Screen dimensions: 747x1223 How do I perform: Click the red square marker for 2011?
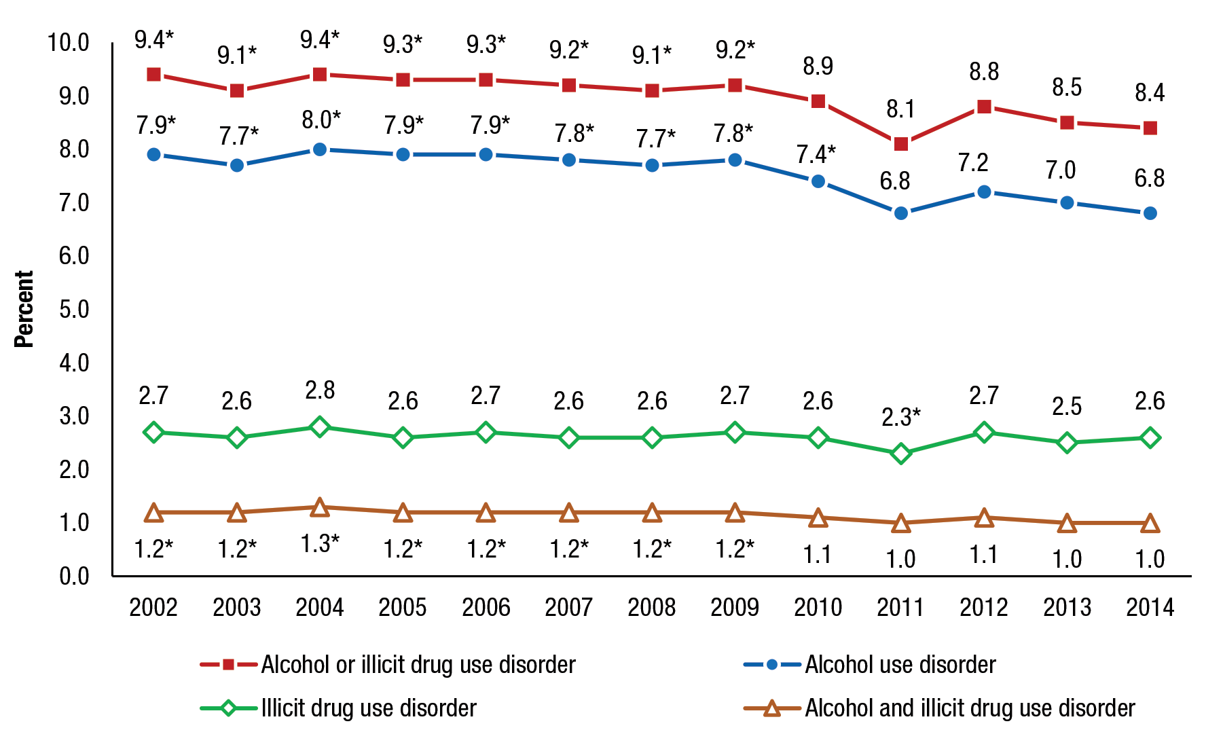click(901, 144)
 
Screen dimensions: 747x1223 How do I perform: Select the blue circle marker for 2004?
click(320, 149)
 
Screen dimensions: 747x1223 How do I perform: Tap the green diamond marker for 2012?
click(984, 433)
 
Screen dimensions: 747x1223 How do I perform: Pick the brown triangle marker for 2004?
click(320, 508)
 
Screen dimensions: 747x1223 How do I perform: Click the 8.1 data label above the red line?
click(900, 109)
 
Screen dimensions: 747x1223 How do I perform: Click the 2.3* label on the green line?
click(900, 417)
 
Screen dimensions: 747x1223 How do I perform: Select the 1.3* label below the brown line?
click(320, 543)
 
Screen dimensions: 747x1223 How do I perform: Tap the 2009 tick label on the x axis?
click(735, 607)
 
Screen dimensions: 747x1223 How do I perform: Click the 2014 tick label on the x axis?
click(1150, 607)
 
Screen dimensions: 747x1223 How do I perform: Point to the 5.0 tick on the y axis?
click(74, 310)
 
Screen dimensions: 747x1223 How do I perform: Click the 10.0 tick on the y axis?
click(69, 43)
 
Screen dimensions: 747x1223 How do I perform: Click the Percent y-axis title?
click(24, 310)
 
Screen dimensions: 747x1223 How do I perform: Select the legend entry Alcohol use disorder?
click(900, 665)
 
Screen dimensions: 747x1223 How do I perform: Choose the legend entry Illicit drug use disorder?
click(369, 708)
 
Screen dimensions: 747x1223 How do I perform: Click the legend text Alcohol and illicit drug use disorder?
click(970, 708)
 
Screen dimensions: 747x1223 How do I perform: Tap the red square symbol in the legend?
click(229, 665)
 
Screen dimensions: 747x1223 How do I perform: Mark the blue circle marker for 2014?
click(1150, 213)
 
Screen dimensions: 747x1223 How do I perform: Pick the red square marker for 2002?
click(154, 75)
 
